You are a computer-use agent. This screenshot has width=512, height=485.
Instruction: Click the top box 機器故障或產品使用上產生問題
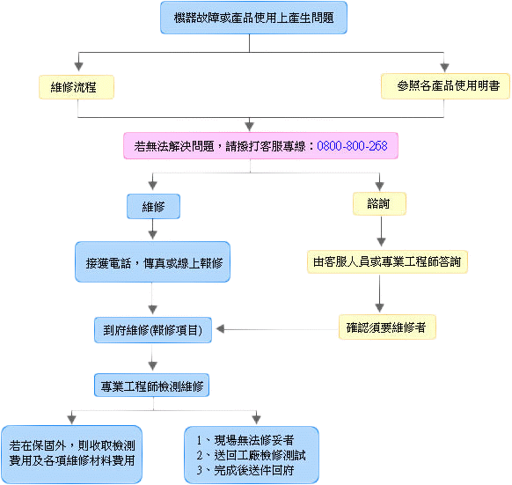[x=253, y=18]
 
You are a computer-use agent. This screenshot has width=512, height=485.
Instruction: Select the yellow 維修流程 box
[x=77, y=87]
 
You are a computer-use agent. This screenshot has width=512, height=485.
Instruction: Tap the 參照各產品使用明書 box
[x=445, y=86]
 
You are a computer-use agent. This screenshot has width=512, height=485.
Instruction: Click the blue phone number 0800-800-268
[x=352, y=146]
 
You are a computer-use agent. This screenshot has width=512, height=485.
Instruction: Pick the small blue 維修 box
[x=153, y=207]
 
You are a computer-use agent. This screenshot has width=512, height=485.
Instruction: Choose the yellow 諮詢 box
[x=379, y=203]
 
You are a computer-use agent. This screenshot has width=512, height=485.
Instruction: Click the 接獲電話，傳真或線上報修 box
[x=152, y=261]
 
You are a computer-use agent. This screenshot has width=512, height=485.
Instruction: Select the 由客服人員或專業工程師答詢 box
[x=387, y=261]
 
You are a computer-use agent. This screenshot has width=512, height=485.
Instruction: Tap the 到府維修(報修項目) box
[x=153, y=330]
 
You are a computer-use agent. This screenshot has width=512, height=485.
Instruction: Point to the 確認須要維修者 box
[x=387, y=327]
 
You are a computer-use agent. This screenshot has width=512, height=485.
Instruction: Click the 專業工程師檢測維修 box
[x=152, y=386]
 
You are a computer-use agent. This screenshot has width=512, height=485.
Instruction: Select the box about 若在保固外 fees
[x=71, y=454]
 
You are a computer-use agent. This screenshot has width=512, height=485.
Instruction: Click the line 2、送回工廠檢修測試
[x=251, y=456]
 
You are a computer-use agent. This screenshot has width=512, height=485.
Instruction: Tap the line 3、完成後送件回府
[x=245, y=471]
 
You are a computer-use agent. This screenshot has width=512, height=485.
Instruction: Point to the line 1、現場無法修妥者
[x=245, y=441]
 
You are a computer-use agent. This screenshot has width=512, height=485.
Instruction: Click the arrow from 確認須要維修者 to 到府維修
[x=277, y=329]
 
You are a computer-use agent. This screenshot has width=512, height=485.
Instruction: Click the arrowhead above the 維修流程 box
[x=78, y=66]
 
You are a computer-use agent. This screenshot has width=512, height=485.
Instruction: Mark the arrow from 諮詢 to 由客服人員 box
[x=381, y=231]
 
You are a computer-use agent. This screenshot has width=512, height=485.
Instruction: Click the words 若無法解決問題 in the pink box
[x=173, y=146]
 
